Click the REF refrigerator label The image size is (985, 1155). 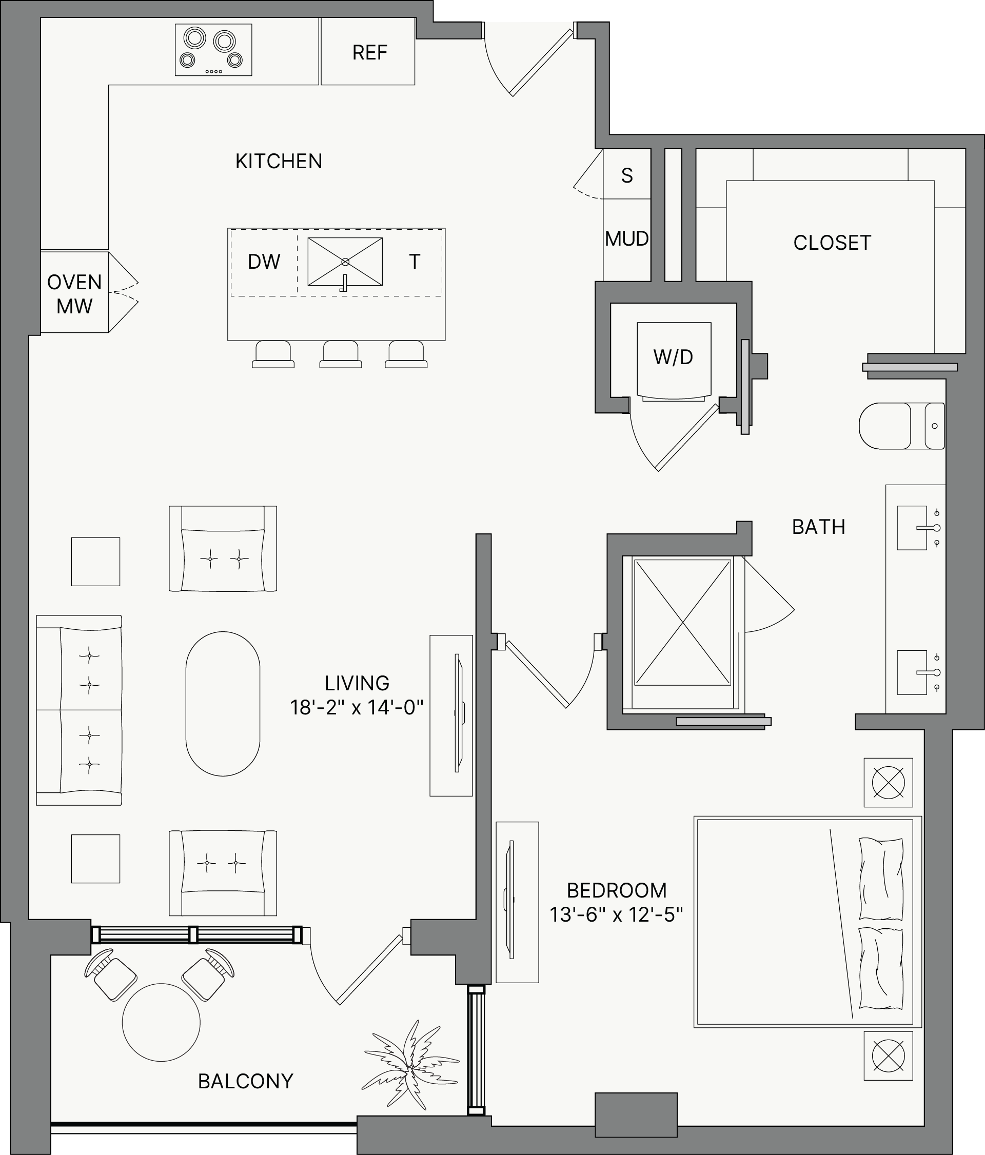click(369, 52)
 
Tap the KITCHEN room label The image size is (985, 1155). click(279, 161)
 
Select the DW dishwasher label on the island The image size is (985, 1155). click(264, 262)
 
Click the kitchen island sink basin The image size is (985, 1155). click(345, 262)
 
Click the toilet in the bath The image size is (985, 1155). click(901, 426)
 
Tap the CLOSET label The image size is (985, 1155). click(832, 243)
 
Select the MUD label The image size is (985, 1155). click(626, 238)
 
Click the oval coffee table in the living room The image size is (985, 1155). click(223, 704)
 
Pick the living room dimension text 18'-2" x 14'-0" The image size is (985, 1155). click(357, 708)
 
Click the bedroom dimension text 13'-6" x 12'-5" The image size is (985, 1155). click(617, 915)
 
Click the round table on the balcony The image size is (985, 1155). click(161, 1022)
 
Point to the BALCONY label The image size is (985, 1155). click(245, 1082)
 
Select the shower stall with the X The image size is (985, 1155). click(683, 622)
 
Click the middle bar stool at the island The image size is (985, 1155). click(341, 354)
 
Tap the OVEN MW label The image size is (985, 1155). click(74, 294)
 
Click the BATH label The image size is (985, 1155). click(818, 527)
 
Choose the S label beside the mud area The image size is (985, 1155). click(627, 175)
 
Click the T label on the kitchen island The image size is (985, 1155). click(414, 262)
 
